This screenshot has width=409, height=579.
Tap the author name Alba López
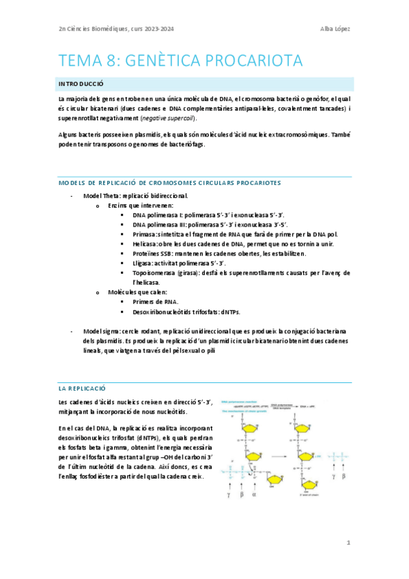point(335,28)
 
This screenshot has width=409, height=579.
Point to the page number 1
point(348,543)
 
